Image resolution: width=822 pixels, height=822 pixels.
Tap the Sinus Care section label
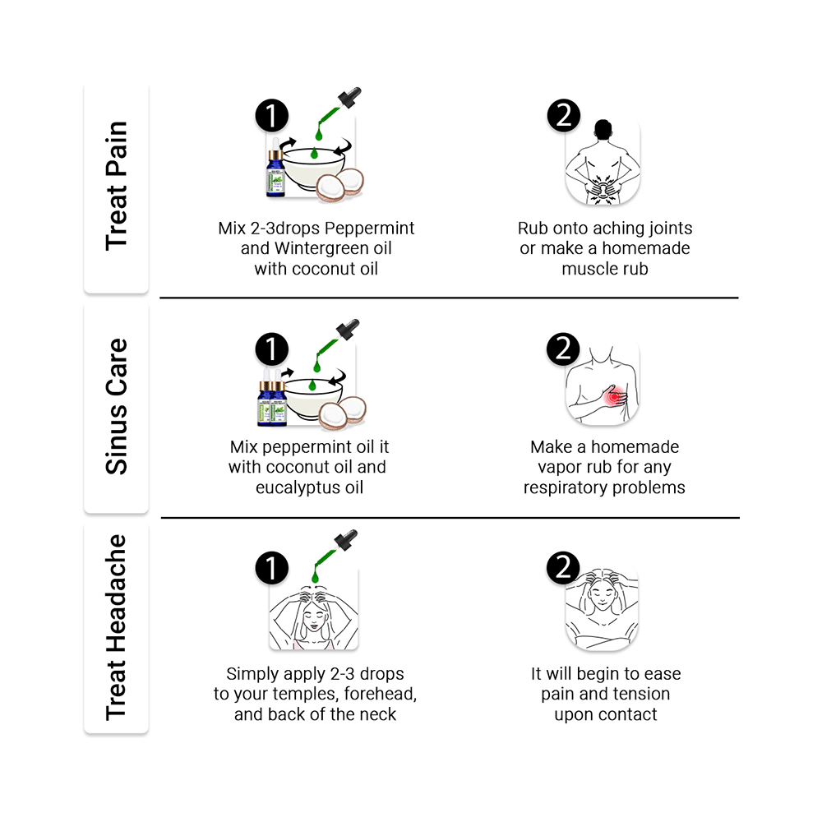tap(117, 406)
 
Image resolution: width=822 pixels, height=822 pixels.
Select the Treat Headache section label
tap(117, 627)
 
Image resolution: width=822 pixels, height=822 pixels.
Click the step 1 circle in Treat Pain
tap(271, 117)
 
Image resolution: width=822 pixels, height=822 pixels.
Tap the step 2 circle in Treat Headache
tap(563, 568)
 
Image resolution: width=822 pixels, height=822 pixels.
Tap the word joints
tap(667, 229)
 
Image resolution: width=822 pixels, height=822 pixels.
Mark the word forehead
tap(381, 694)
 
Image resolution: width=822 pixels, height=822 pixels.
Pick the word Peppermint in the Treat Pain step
tap(374, 229)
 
